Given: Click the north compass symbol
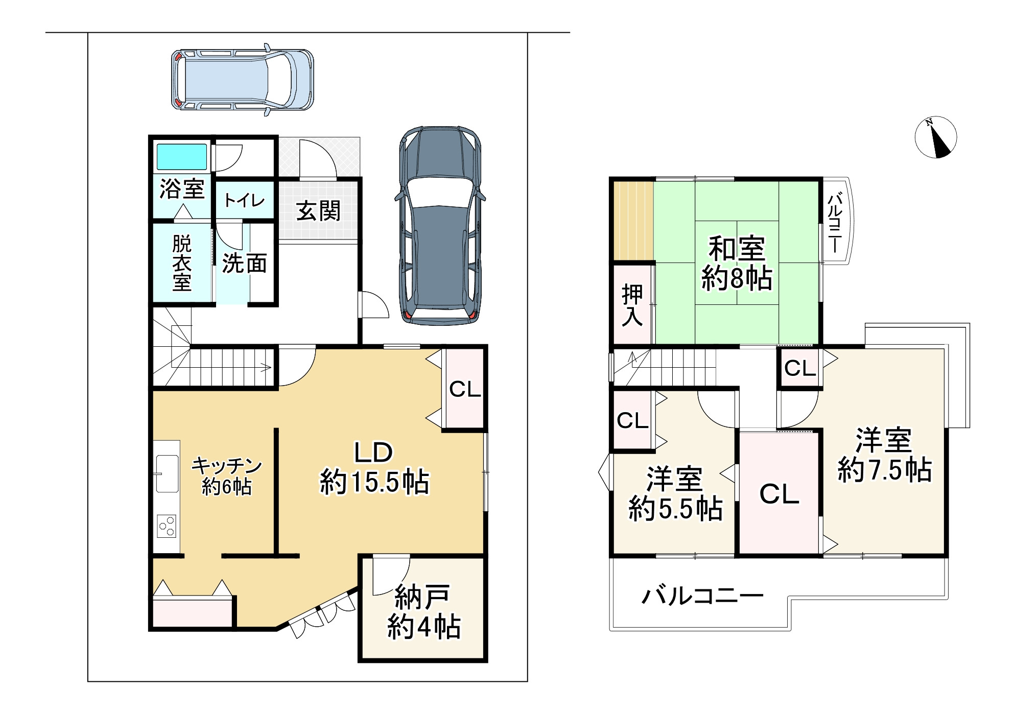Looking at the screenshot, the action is pyautogui.click(x=935, y=137).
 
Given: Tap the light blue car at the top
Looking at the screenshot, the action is pyautogui.click(x=242, y=79).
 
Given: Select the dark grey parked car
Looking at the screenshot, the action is pyautogui.click(x=440, y=225).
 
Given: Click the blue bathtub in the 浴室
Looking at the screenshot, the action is pyautogui.click(x=182, y=157).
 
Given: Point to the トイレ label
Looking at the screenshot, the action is pyautogui.click(x=244, y=200).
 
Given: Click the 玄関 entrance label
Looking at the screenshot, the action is pyautogui.click(x=318, y=211).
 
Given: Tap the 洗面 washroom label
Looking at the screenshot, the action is pyautogui.click(x=245, y=264).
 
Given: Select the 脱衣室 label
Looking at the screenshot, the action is pyautogui.click(x=182, y=263).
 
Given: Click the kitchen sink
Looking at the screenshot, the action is pyautogui.click(x=167, y=473).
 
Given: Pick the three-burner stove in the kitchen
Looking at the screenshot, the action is pyautogui.click(x=167, y=527).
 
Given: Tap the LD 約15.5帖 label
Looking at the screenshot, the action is pyautogui.click(x=374, y=468).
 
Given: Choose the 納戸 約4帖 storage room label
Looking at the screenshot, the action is pyautogui.click(x=424, y=612).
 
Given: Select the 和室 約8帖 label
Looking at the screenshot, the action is pyautogui.click(x=737, y=264).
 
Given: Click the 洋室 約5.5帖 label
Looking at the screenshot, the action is pyautogui.click(x=675, y=494).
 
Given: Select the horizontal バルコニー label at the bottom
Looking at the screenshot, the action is pyautogui.click(x=702, y=596).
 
